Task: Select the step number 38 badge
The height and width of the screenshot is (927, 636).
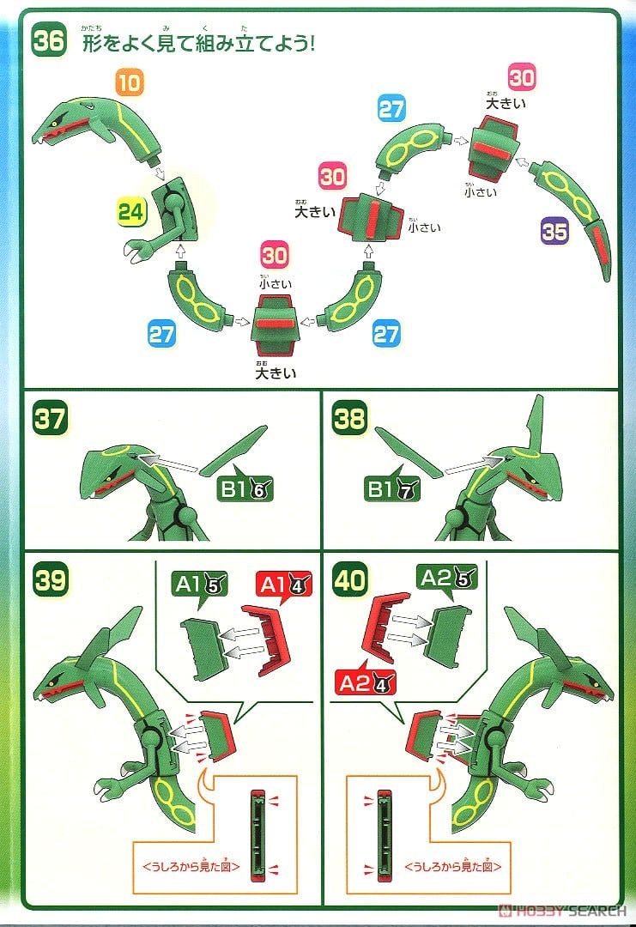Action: [351, 420]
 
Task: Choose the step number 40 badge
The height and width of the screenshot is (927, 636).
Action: [351, 580]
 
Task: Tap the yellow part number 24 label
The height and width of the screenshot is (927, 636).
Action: [131, 213]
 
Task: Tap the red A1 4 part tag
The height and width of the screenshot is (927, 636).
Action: [284, 586]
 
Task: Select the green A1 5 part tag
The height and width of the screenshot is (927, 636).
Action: [201, 586]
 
